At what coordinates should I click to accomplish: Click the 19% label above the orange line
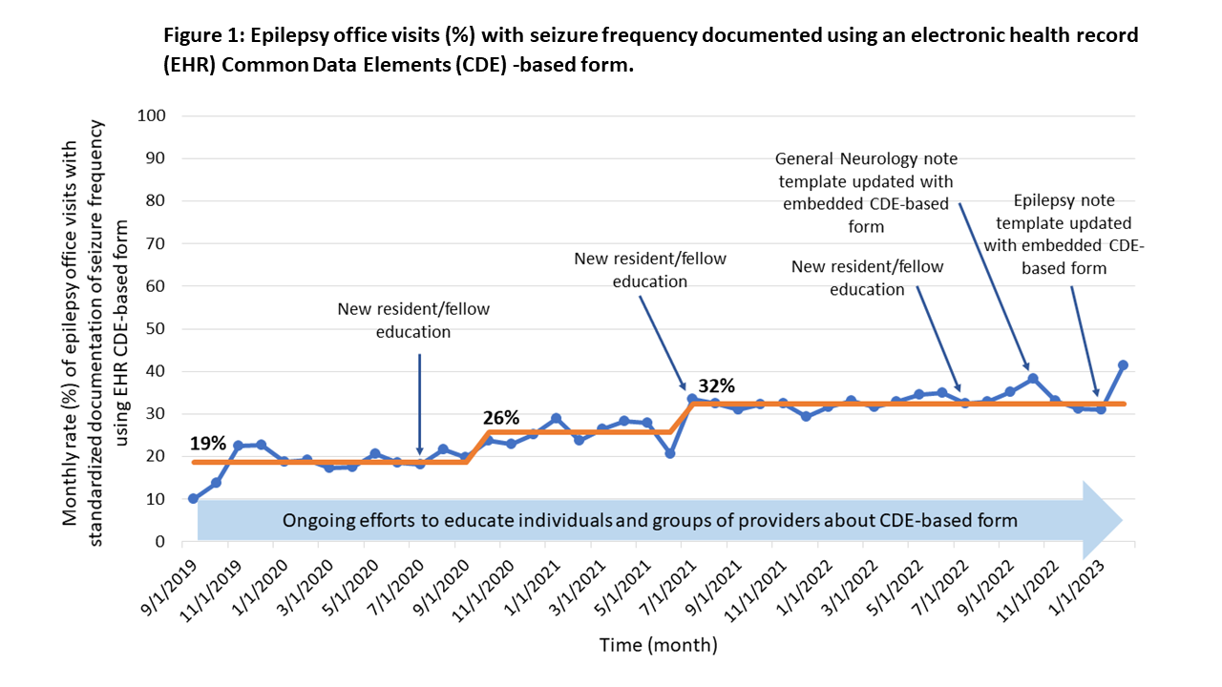tap(207, 443)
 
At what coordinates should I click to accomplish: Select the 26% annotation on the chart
tap(500, 417)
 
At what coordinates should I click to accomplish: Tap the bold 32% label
tap(716, 385)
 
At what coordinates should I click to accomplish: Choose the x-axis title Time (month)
tap(658, 645)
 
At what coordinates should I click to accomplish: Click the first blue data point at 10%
tap(194, 499)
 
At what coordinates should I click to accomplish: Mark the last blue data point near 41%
tap(1123, 365)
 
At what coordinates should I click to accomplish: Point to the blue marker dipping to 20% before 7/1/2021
tap(670, 453)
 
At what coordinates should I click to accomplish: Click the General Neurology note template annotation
tap(866, 192)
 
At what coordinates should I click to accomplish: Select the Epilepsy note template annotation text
tap(1064, 234)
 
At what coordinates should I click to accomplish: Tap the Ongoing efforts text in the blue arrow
tap(648, 521)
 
